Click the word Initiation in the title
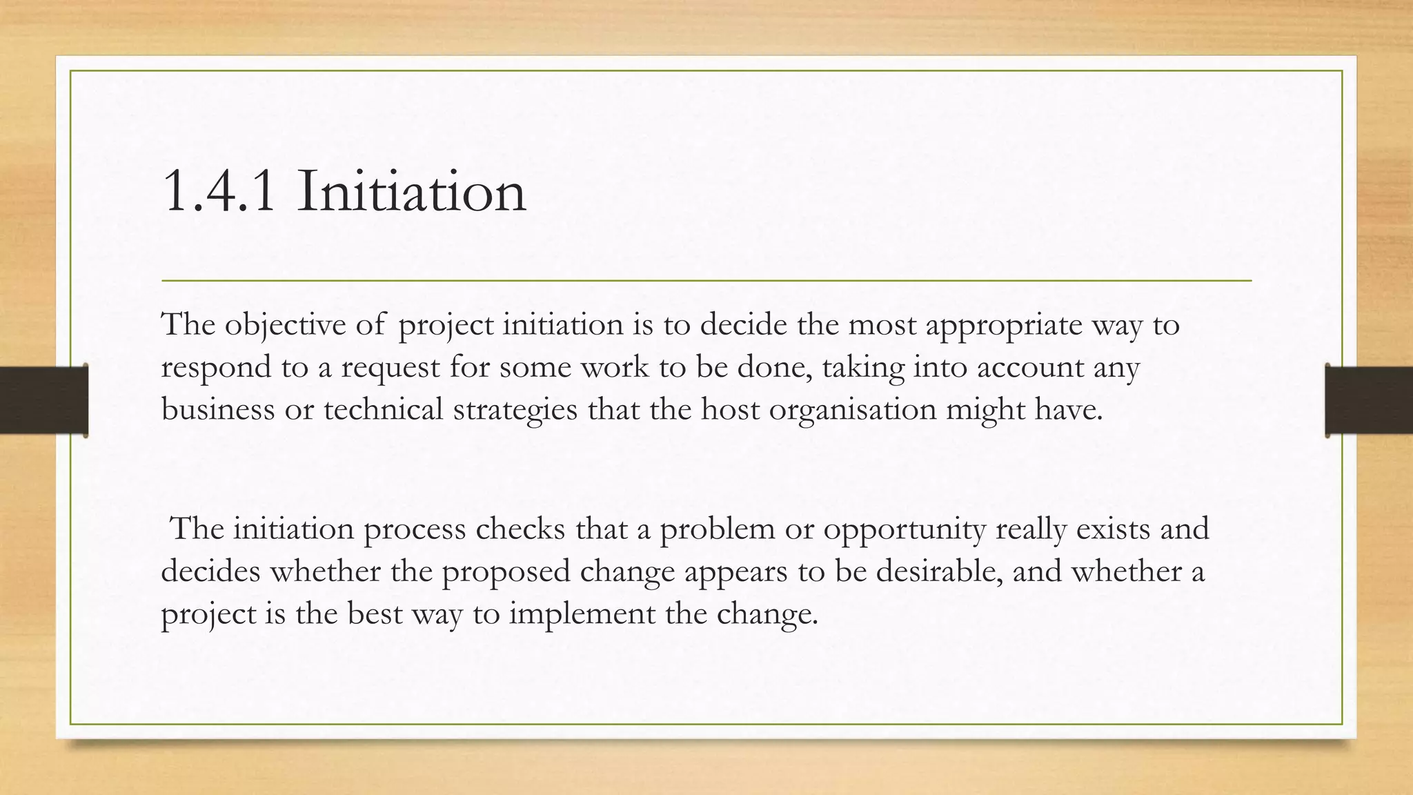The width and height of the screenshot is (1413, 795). (x=412, y=191)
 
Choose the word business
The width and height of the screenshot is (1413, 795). (x=217, y=409)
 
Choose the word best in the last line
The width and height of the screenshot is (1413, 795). (x=374, y=614)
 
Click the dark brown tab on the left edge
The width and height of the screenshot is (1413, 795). (x=43, y=400)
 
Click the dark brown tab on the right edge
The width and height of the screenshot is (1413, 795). (x=1369, y=400)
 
